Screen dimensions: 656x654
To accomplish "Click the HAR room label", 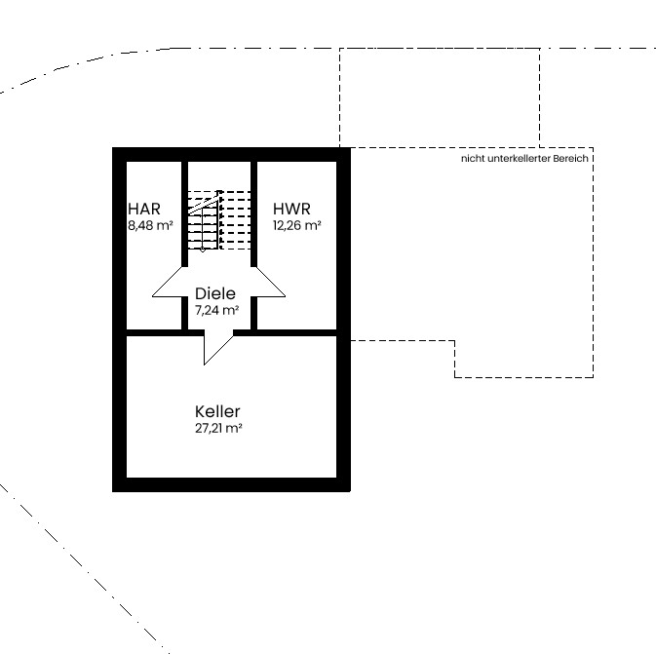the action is (144, 209).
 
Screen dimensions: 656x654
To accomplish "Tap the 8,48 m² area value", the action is (150, 225).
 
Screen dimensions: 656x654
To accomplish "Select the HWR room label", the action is (291, 209).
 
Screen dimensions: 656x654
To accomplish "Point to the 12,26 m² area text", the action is (296, 225).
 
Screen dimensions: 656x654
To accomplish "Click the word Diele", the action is (215, 293).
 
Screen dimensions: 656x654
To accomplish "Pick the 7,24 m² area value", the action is (216, 310).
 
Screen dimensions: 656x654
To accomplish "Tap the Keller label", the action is (217, 411).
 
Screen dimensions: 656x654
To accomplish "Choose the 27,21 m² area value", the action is (218, 429).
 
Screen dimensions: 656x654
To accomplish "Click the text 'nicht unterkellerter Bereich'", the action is (524, 159).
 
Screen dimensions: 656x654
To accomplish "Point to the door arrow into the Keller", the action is (218, 347).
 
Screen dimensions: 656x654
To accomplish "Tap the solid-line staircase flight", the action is (204, 220).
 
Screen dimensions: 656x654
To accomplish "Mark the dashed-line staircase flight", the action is (235, 220).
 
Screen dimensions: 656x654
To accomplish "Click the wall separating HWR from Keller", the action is (296, 332).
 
